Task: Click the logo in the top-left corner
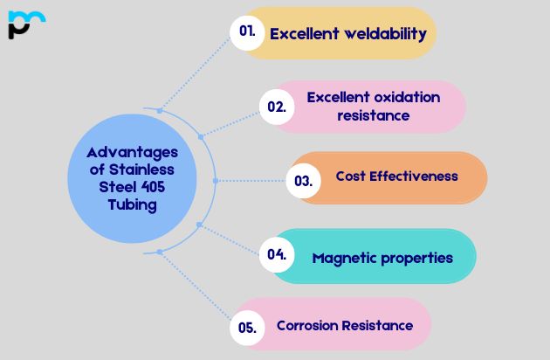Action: [25, 24]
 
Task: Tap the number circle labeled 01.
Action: [247, 31]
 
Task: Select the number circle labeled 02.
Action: [277, 107]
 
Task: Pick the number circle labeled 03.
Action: [303, 181]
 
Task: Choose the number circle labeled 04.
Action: [277, 255]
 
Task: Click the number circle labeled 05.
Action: [247, 329]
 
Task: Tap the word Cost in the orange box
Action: [351, 177]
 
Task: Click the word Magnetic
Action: [343, 258]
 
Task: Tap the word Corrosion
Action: [308, 325]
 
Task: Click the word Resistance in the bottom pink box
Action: [377, 325]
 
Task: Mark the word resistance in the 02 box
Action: [374, 115]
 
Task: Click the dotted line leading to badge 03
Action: [253, 181]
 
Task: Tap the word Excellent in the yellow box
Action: [305, 35]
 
